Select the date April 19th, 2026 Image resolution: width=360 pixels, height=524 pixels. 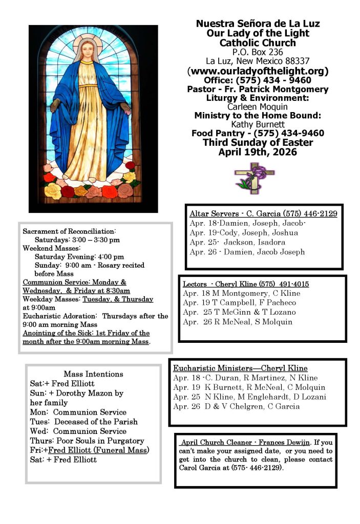click(x=258, y=152)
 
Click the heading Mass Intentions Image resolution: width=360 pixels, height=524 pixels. click(x=93, y=374)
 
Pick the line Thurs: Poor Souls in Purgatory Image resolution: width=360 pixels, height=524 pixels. click(x=87, y=441)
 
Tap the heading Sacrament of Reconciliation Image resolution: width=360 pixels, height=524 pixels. click(x=69, y=232)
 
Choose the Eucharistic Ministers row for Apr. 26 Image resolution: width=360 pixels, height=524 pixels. click(x=236, y=406)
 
